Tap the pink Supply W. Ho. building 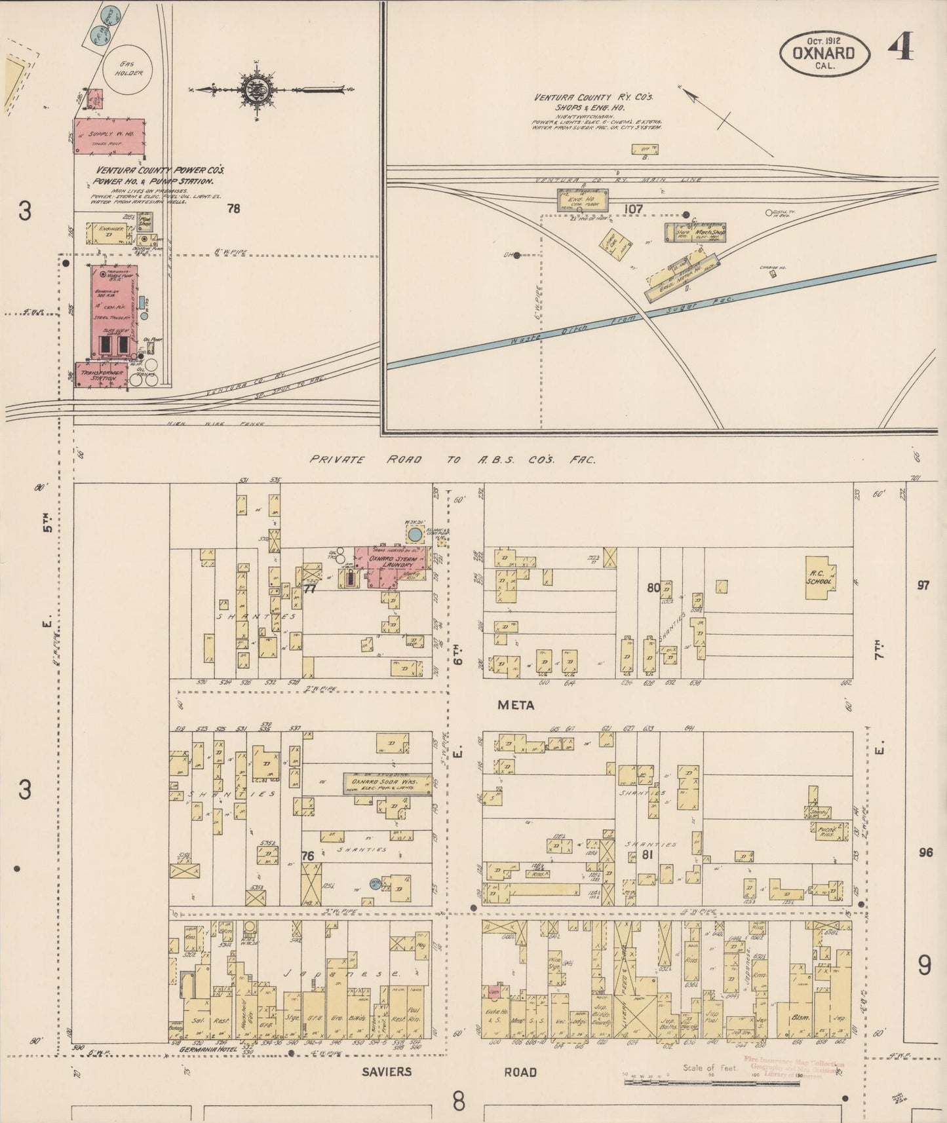point(108,136)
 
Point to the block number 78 point(233,209)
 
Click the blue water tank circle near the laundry point(414,535)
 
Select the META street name point(516,706)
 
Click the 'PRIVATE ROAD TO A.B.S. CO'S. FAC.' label point(452,460)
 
